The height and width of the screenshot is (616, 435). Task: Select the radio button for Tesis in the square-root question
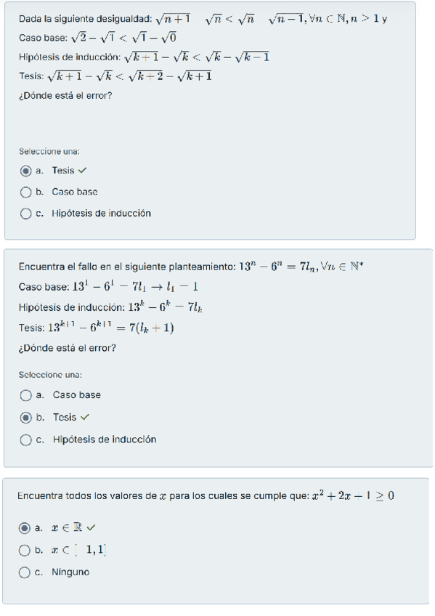(x=26, y=171)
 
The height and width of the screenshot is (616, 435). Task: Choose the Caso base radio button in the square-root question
(x=26, y=192)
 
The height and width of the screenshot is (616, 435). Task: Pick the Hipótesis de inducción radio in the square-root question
(x=26, y=214)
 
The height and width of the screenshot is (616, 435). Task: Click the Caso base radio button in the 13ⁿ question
(x=26, y=395)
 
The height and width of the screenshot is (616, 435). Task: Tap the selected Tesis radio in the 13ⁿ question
(x=26, y=417)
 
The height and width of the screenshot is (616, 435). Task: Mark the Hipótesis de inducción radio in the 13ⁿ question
(x=26, y=439)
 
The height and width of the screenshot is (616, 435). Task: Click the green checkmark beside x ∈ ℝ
(x=91, y=528)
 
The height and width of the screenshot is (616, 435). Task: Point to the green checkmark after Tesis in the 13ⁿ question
(x=85, y=417)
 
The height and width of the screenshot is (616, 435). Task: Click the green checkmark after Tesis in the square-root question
(x=82, y=171)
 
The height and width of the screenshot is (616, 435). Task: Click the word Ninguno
(x=70, y=572)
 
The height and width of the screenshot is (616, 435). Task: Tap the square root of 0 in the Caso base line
(x=168, y=37)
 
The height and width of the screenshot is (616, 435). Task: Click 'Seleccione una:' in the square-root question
(x=49, y=152)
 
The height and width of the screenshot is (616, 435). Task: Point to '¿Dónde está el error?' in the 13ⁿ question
(x=65, y=347)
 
